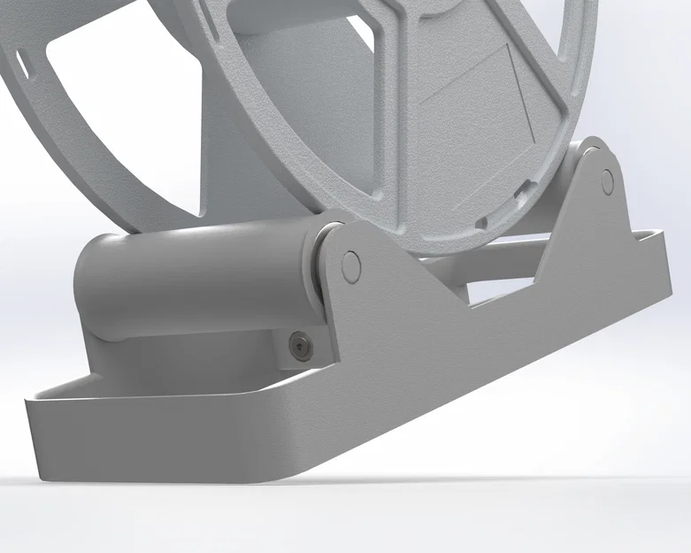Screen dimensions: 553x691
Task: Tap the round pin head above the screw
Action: [350, 264]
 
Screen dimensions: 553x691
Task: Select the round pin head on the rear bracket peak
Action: [607, 181]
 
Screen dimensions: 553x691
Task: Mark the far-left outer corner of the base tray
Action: [29, 403]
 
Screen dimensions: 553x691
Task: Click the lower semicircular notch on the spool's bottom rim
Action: [484, 220]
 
